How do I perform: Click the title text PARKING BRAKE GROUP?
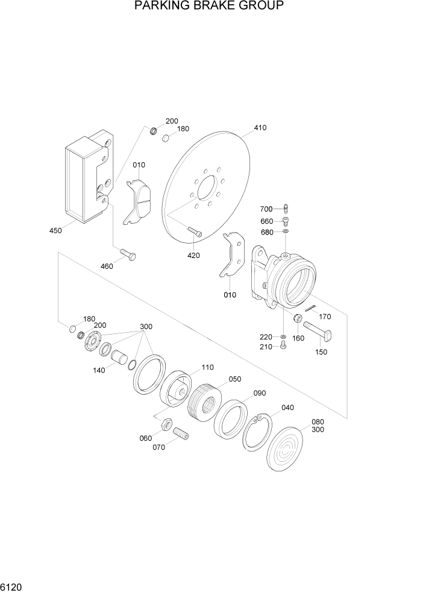(x=209, y=7)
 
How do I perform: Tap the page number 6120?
(x=12, y=586)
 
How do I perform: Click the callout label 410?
(x=260, y=128)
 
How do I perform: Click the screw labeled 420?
(x=193, y=231)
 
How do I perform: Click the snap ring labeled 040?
(x=257, y=432)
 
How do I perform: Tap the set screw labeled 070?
(x=181, y=433)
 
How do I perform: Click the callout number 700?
(x=266, y=209)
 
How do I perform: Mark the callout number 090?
(x=259, y=393)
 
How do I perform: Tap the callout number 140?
(x=99, y=370)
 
